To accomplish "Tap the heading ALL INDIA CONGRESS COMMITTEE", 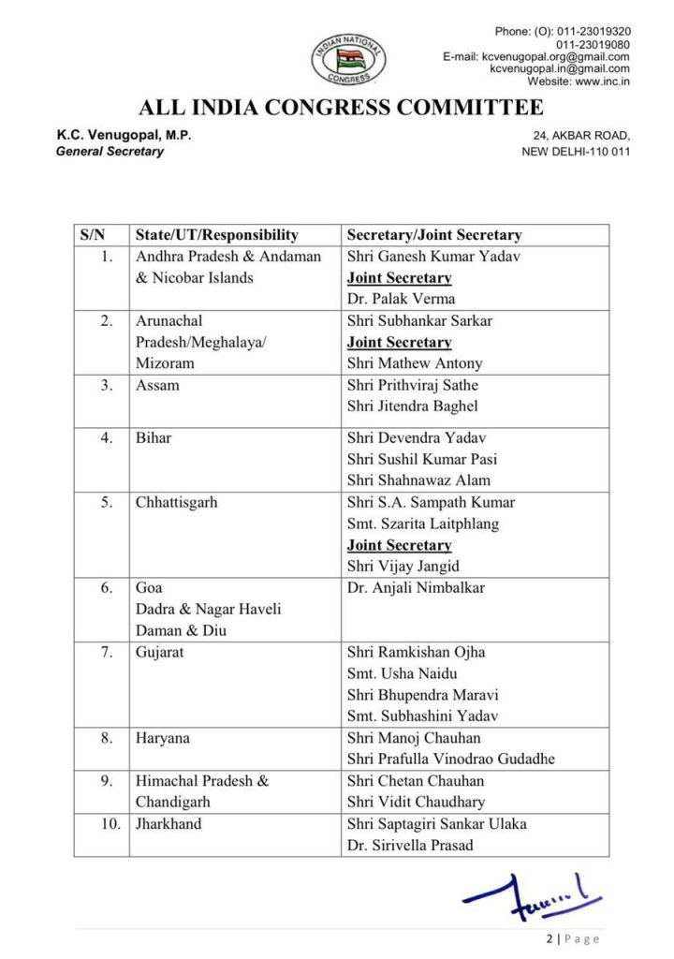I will click(341, 108).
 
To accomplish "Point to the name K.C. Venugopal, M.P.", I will click(124, 135).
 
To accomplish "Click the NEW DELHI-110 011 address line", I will click(575, 151).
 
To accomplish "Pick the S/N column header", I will click(93, 235).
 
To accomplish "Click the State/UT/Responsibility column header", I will click(217, 235).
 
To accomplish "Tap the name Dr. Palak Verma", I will click(401, 299).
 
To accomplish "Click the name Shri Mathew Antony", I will click(415, 363).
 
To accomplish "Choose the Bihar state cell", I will click(154, 437).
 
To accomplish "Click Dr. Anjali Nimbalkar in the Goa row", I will click(417, 588).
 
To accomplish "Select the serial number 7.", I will click(107, 652).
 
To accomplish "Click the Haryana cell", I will click(163, 738).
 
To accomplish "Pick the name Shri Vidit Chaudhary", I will click(416, 802).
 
